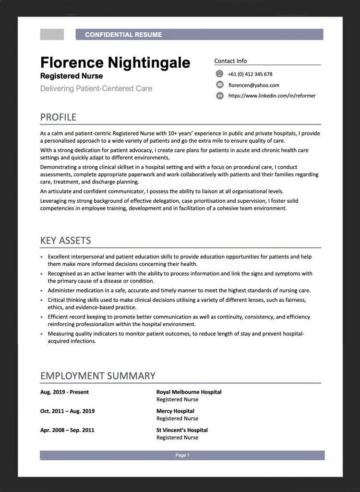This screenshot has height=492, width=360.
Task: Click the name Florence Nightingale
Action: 115,62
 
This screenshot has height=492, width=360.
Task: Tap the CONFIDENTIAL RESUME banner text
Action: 123,35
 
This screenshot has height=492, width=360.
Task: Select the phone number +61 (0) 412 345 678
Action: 250,74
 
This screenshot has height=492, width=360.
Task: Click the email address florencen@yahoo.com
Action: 254,85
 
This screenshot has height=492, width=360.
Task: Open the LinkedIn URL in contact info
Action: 272,96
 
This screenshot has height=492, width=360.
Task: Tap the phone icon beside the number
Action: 220,74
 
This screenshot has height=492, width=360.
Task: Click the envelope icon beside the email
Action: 220,85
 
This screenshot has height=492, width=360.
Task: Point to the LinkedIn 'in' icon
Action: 220,96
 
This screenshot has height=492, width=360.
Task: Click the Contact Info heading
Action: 230,61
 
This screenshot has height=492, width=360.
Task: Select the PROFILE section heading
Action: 58,117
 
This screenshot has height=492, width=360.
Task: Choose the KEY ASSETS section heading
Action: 65,241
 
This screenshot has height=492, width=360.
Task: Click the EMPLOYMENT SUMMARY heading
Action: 97,376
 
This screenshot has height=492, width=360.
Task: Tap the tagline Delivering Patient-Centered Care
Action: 96,88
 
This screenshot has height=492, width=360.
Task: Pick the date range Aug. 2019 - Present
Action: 64,392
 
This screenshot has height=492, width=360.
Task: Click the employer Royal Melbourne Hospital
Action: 189,392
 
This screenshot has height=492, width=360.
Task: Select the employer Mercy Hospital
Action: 175,411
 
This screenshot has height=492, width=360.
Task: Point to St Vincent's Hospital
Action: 182,430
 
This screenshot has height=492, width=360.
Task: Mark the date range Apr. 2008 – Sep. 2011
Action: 67,430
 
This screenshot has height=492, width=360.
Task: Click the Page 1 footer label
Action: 182,455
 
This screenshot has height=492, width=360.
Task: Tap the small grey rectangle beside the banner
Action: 52,35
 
